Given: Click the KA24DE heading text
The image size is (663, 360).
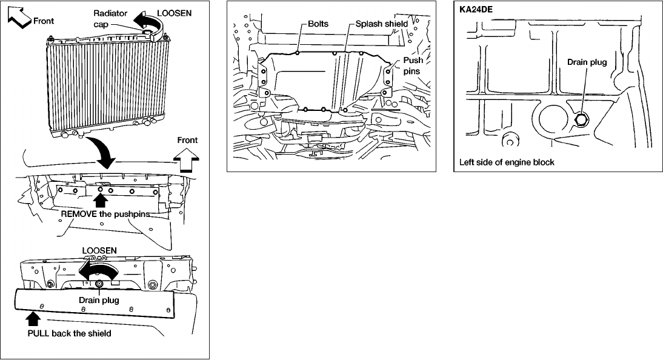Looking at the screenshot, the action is click(476, 9).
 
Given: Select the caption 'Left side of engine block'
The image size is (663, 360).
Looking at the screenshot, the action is click(507, 162).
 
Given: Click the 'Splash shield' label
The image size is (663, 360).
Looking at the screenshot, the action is click(381, 24).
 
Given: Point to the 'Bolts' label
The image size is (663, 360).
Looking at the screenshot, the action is click(318, 24).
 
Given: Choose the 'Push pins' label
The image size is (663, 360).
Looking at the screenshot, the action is click(412, 65).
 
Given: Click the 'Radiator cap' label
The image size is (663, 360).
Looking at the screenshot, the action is click(110, 19).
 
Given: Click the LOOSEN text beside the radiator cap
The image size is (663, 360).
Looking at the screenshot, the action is click(174, 13).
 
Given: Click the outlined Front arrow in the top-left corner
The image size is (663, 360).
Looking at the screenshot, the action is click(19, 18).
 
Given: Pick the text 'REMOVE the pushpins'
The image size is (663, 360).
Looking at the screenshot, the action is click(105, 213).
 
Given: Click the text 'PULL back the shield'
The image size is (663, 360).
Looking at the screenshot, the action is click(69, 333).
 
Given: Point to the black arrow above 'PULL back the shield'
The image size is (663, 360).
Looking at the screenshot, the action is click(33, 319).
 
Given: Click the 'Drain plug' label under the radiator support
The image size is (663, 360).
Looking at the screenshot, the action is click(99, 300).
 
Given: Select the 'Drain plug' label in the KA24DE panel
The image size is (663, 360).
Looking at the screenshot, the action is click(587, 62).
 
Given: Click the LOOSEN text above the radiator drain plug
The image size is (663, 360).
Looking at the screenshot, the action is click(99, 250).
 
